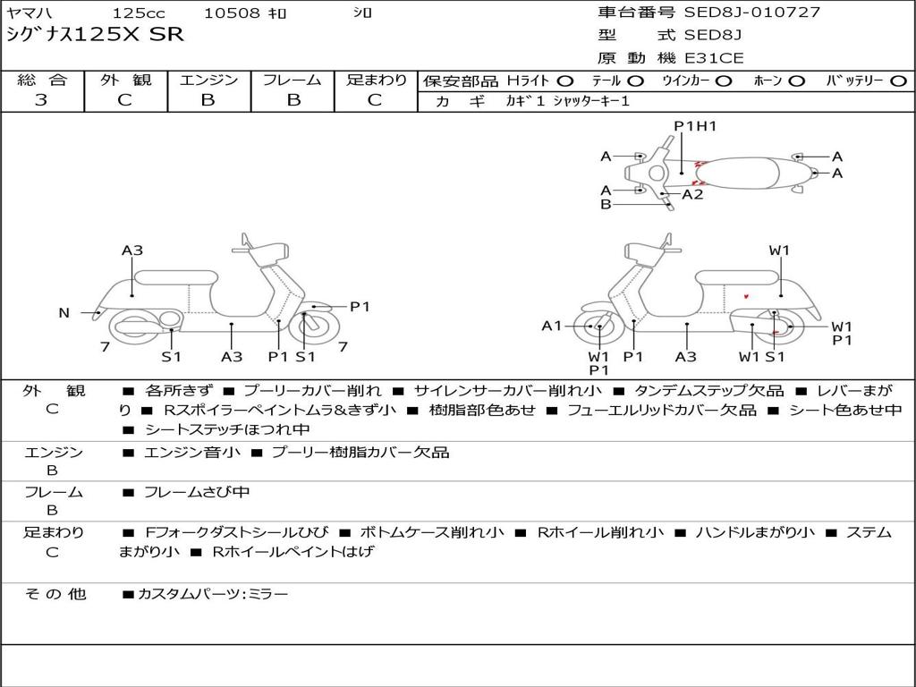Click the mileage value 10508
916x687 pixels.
233,13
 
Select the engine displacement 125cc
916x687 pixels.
139,13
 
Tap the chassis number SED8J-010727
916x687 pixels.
752,13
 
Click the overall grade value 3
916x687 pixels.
41,100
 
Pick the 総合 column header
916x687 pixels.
42,81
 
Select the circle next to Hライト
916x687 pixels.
565,81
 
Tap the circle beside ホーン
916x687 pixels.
797,81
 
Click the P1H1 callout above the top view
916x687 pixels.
695,126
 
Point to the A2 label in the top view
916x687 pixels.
692,194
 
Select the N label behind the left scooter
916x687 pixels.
64,313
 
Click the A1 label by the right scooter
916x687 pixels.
552,326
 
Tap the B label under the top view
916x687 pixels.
606,205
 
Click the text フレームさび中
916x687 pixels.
197,492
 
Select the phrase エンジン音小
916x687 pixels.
191,453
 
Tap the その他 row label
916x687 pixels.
55,594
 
